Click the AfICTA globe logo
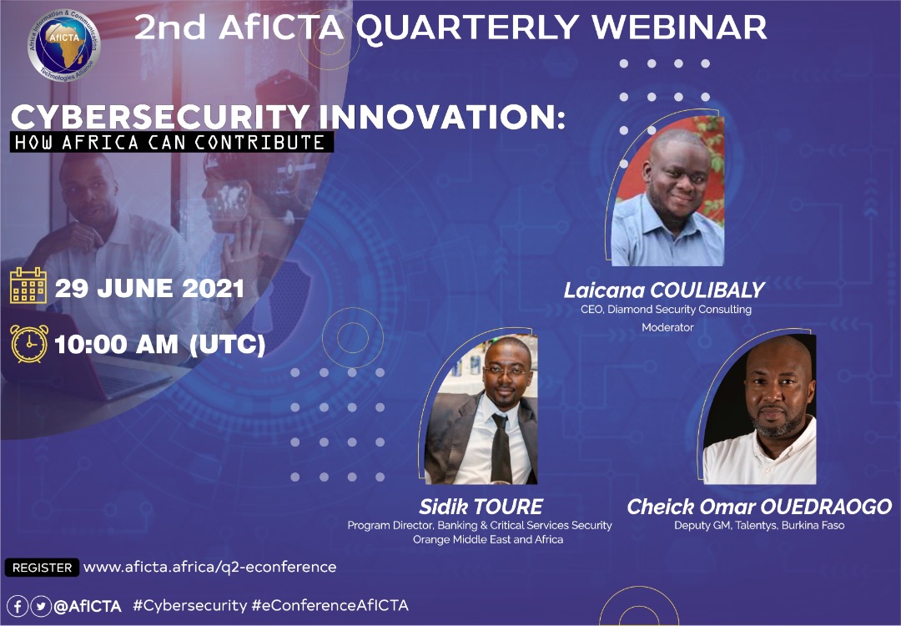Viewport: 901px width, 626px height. (63, 45)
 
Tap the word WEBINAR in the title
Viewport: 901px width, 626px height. (679, 27)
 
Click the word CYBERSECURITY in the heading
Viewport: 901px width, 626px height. (161, 117)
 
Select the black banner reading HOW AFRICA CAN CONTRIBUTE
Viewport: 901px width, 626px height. (171, 142)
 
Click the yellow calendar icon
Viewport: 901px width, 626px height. (28, 285)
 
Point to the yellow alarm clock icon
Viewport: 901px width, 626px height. (29, 343)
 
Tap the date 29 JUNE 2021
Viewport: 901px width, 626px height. (149, 289)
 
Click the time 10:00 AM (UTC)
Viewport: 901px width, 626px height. (159, 345)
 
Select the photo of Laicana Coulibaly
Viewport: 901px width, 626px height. (667, 191)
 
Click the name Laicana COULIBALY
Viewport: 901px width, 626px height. (664, 290)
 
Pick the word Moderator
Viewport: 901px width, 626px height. (667, 327)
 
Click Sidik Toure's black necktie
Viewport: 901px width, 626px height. (501, 448)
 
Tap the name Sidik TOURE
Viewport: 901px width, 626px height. (481, 507)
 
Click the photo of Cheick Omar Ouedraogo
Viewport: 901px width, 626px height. (759, 409)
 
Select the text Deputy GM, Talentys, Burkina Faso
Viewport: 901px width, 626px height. (759, 525)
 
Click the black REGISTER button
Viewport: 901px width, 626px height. (42, 568)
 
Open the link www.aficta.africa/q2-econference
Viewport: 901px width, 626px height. (209, 567)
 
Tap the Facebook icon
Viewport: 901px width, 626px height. (18, 606)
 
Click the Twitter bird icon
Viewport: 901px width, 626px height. (41, 606)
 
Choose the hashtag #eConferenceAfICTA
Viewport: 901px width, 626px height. (330, 605)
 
